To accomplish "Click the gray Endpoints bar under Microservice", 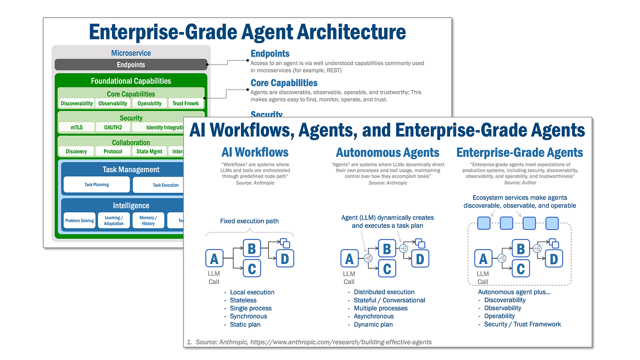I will (131, 65).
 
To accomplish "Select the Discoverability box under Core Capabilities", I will (77, 103).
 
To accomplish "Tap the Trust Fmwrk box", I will (185, 103).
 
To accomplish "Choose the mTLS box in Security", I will (76, 127).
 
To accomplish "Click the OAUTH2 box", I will (113, 127).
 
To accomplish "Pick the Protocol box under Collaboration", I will (113, 151).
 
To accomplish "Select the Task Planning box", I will (97, 185).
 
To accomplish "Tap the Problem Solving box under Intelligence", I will (79, 220).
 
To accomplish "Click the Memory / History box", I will (148, 220).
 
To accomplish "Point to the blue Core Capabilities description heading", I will (284, 83).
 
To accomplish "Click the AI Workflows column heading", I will (255, 153).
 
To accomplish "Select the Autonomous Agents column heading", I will (387, 153).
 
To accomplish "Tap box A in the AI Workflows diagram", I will (214, 259).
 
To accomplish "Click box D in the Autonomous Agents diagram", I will (420, 259).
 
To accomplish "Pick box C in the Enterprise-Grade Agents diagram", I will (521, 269).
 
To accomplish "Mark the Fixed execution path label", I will (249, 221).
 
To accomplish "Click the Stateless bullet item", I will (243, 300).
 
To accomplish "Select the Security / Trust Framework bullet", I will (522, 324).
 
